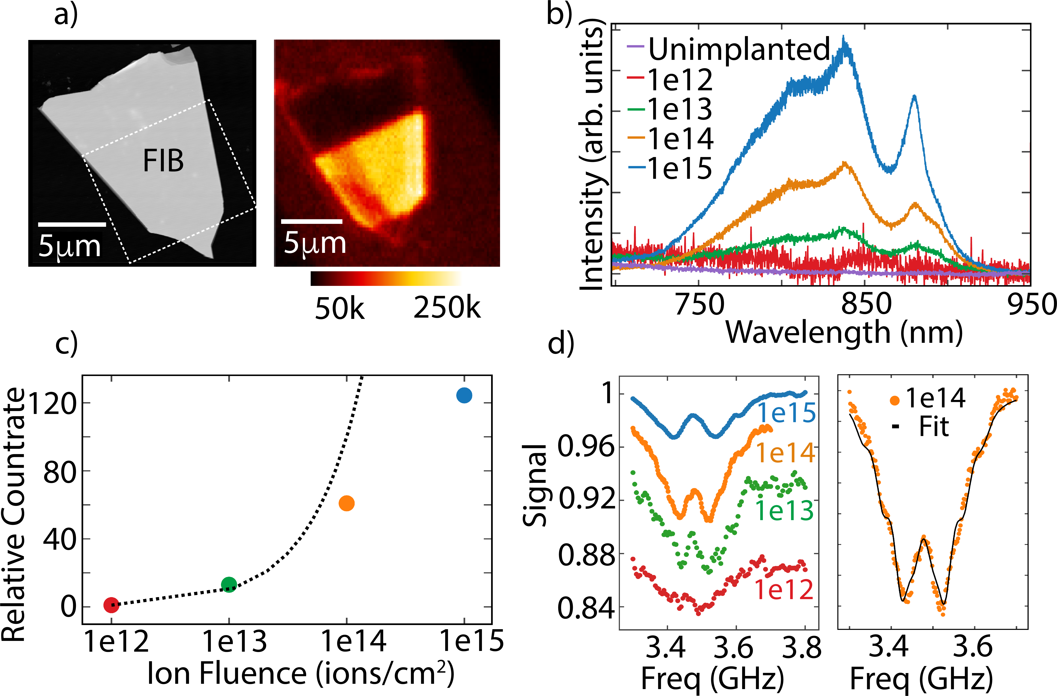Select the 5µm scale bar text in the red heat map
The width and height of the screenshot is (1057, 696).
[x=315, y=243]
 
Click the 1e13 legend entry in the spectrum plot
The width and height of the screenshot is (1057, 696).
[x=680, y=109]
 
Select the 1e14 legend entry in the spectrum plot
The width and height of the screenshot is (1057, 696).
[x=680, y=139]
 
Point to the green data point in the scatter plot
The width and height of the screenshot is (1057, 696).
[x=229, y=585]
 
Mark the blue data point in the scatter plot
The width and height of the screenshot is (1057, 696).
[x=464, y=395]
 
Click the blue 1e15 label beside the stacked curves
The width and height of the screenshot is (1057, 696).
[x=786, y=413]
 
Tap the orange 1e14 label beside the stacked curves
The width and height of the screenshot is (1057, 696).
[x=785, y=453]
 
